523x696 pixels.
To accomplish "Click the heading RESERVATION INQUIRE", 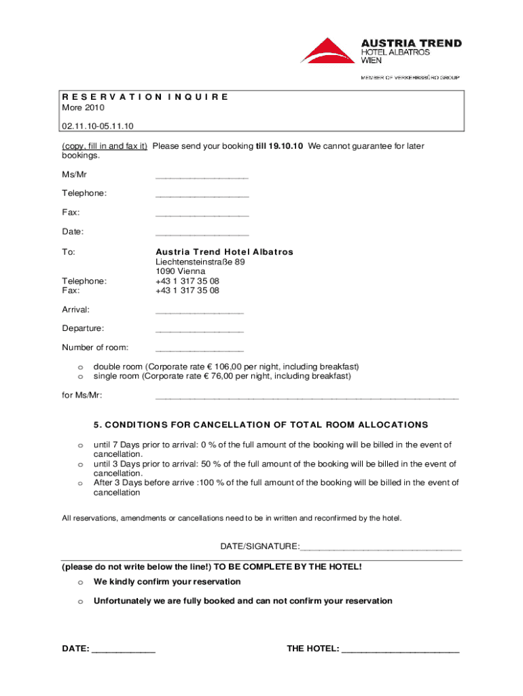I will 145,97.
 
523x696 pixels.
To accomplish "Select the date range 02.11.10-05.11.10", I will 98,126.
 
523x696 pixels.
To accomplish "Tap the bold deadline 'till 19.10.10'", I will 280,146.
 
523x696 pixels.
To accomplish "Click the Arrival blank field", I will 199,312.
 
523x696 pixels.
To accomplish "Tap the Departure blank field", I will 199,331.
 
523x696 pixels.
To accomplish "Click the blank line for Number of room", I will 199,350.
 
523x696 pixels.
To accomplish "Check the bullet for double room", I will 80,367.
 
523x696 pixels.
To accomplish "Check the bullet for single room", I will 80,377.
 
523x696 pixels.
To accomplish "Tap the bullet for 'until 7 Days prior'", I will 80,445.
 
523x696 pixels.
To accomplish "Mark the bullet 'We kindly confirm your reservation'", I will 80,582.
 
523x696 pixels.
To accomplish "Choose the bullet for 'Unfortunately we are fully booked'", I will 80,602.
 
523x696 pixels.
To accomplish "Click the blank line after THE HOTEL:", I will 401,650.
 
